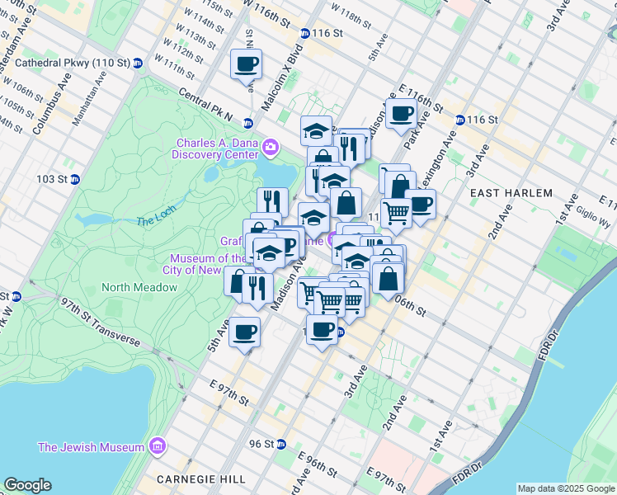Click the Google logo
pyautogui.click(x=27, y=485)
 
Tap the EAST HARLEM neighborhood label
pyautogui.click(x=511, y=193)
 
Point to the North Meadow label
pyautogui.click(x=139, y=287)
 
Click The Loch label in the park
pyautogui.click(x=157, y=221)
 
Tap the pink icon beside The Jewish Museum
pyautogui.click(x=158, y=447)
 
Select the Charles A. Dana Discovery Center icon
pyautogui.click(x=271, y=148)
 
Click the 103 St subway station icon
pyautogui.click(x=75, y=179)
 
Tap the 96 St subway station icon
pyautogui.click(x=281, y=444)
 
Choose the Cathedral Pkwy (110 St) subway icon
pyautogui.click(x=138, y=63)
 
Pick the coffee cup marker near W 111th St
pyautogui.click(x=247, y=64)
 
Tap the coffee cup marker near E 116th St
pyautogui.click(x=402, y=115)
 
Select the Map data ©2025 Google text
pyautogui.click(x=566, y=488)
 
